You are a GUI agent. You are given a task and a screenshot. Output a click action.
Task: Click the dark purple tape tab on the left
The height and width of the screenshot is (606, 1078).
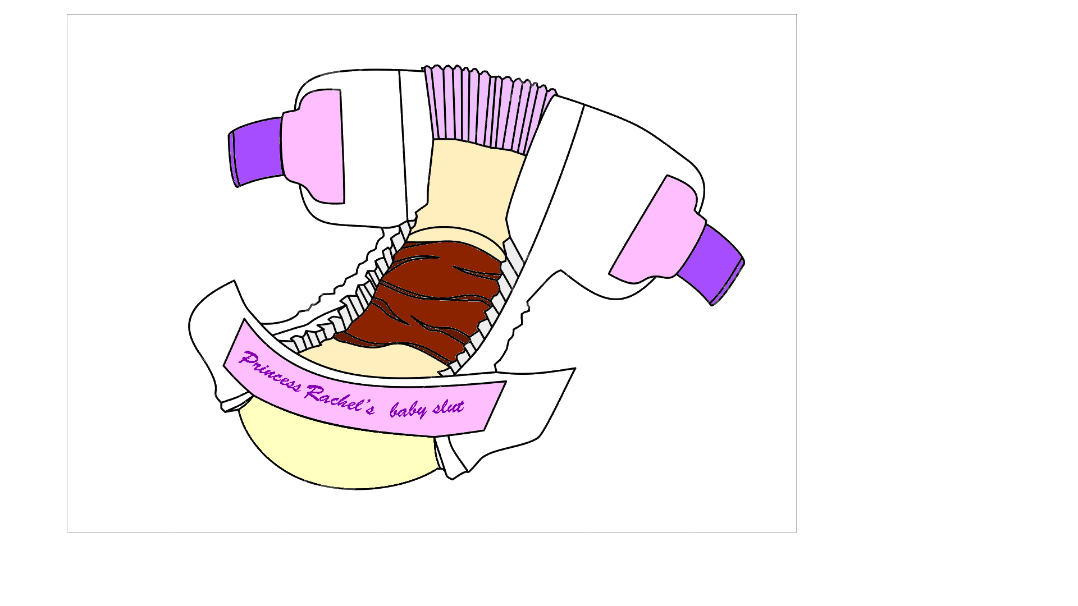255,152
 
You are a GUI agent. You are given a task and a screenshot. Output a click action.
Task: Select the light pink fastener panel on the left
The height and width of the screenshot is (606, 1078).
313,146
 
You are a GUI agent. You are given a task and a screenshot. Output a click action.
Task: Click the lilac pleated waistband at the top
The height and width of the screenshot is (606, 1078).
487,109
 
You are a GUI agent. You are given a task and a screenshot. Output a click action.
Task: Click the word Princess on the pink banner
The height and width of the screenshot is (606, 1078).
271,371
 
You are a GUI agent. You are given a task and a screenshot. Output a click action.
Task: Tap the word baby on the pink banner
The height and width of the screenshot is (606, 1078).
409,410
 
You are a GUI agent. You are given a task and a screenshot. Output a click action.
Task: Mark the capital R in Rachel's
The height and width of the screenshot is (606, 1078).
314,392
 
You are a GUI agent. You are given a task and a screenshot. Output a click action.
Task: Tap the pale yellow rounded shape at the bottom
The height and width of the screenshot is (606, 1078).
337,452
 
